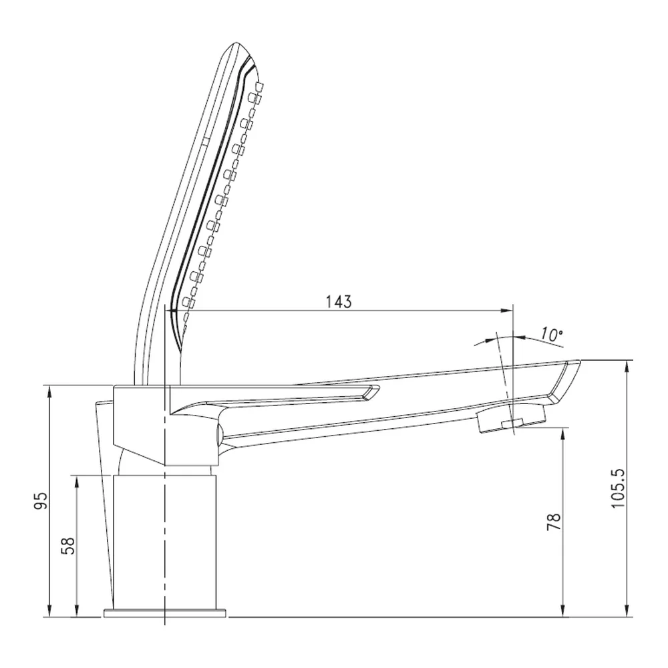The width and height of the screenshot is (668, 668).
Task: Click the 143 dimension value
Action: point(339,302)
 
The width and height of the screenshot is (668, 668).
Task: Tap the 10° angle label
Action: point(552,335)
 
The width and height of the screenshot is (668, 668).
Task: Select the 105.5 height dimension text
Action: point(617,488)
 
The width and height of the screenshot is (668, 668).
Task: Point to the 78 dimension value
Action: point(554,522)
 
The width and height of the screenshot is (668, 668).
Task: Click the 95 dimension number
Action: point(41,500)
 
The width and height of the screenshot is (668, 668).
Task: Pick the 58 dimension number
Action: point(68,546)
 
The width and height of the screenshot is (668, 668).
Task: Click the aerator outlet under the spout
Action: point(510,420)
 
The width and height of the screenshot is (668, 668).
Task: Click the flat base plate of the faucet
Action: point(165,613)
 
